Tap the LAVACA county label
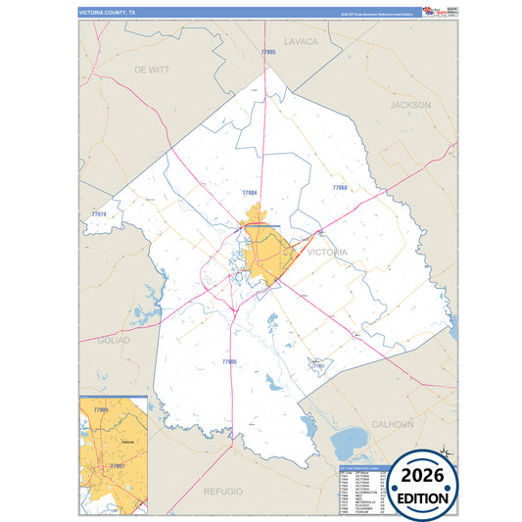pyautogui.click(x=302, y=41)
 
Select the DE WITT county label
pyautogui.click(x=152, y=71)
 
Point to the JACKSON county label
pyautogui.click(x=410, y=104)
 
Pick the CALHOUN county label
pyautogui.click(x=393, y=423)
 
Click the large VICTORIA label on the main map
pyautogui.click(x=327, y=252)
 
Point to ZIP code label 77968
pyautogui.click(x=340, y=187)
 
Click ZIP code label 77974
pyautogui.click(x=98, y=214)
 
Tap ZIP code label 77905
pyautogui.click(x=229, y=361)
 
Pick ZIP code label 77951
pyautogui.click(x=316, y=365)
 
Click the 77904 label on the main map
pyautogui.click(x=249, y=193)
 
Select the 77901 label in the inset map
pyautogui.click(x=117, y=465)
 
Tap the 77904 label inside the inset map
pyautogui.click(x=100, y=409)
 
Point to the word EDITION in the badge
pyautogui.click(x=423, y=498)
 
